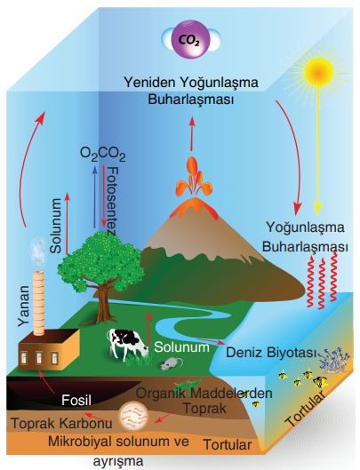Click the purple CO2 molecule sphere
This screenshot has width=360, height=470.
190,39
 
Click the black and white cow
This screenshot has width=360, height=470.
126,343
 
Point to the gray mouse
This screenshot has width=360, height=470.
171,363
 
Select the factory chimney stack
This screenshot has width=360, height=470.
38,303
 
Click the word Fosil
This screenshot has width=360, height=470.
76,401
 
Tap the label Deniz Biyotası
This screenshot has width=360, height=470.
271,353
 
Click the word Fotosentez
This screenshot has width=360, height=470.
112,202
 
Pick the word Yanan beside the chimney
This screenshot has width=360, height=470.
23,306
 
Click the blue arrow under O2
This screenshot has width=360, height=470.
95,196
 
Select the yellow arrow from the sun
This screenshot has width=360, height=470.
318,150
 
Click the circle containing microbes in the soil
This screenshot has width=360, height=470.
133,416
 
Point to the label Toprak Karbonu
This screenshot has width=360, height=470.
62,423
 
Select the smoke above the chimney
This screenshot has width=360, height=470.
38,252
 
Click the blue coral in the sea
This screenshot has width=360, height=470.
334,359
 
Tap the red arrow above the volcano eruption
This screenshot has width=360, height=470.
192,133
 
